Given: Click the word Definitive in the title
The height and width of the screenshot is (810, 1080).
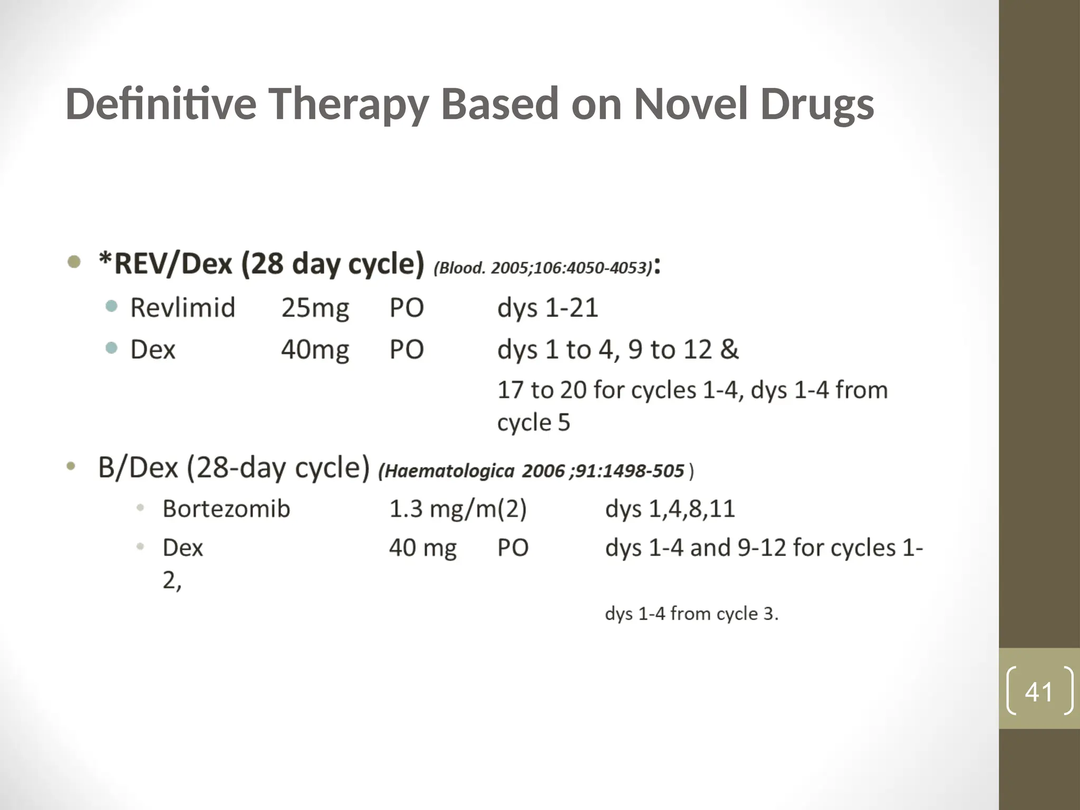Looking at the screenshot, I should (x=161, y=104).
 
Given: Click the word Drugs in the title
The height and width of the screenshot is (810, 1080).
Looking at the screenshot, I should (x=817, y=104).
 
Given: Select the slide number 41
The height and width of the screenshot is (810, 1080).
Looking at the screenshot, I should (x=1039, y=692).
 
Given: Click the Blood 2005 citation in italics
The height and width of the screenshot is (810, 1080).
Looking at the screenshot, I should (x=543, y=268).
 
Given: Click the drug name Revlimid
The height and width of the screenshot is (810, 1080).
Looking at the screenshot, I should (x=182, y=307).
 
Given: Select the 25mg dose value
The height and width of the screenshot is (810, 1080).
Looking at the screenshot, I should (x=315, y=307).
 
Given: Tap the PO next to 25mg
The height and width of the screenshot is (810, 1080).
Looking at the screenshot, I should (x=407, y=307).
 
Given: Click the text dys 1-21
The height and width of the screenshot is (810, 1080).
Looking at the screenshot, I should (x=547, y=307).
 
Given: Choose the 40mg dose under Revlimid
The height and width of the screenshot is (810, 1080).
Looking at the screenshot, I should (x=315, y=350).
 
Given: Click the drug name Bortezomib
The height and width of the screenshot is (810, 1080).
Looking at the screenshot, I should (x=226, y=509).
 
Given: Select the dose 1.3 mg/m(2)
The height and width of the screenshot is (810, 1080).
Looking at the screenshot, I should (x=458, y=509).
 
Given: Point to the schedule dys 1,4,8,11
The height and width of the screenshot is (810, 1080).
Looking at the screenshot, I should (x=670, y=509).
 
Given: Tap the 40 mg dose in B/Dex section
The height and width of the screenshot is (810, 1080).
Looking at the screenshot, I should (x=422, y=548).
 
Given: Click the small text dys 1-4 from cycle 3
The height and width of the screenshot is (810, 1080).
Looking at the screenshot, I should (x=691, y=614).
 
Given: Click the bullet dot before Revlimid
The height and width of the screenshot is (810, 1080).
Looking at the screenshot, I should (x=111, y=306).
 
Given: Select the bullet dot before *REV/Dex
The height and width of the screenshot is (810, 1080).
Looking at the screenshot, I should (x=74, y=262).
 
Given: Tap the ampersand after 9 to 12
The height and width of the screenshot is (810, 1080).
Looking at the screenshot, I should (x=729, y=349).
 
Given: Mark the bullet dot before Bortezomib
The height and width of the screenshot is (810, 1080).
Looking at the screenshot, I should (x=140, y=508).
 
